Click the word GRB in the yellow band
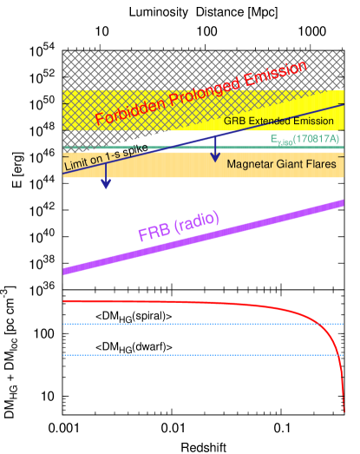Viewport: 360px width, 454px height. pyautogui.click(x=235, y=121)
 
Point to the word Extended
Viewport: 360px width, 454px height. pyautogui.click(x=273, y=121)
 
